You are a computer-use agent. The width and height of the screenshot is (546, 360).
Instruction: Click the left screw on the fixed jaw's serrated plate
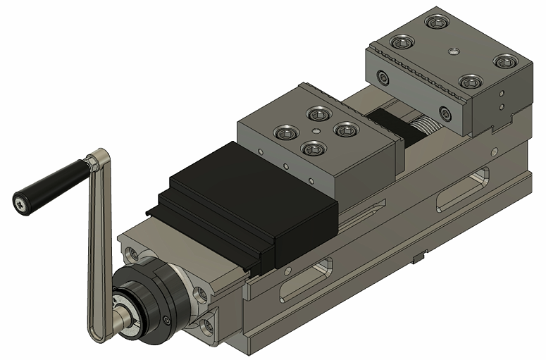point(383,77)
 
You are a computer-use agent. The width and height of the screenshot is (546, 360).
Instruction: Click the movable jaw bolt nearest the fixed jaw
point(345,129)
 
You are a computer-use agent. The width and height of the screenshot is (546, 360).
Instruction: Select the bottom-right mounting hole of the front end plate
point(209,325)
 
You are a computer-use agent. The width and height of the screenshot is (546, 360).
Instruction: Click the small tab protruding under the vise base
point(417,258)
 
